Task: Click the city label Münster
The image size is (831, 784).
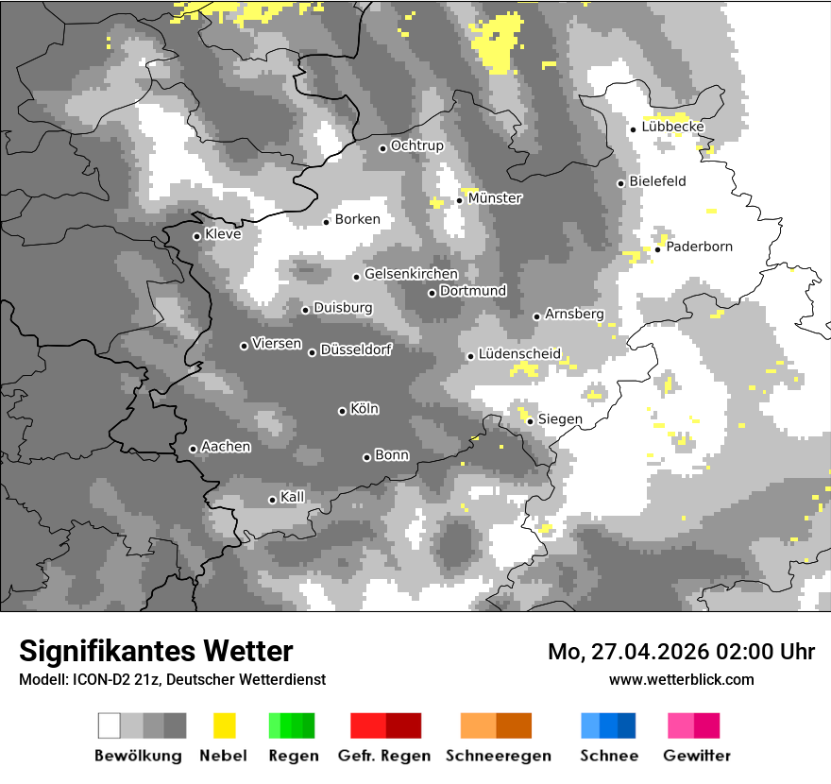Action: click(495, 198)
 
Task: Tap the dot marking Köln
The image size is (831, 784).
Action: click(342, 411)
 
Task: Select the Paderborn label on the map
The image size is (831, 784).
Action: click(699, 247)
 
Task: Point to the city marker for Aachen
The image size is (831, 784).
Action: click(193, 449)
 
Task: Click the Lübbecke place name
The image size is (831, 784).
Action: click(672, 127)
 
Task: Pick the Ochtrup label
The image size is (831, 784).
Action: click(416, 145)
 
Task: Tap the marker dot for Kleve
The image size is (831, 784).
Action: click(196, 236)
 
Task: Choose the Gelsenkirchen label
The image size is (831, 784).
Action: click(411, 274)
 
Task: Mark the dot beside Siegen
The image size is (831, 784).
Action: click(530, 421)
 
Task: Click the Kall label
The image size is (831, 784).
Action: click(293, 497)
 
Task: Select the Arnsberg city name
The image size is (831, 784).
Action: click(574, 314)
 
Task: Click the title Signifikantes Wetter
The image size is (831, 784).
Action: click(156, 652)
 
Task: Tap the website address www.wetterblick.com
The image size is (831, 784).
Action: click(682, 679)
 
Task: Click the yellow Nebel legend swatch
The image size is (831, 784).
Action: click(224, 725)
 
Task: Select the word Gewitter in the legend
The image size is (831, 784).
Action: click(697, 756)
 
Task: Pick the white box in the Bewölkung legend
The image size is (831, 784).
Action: click(110, 725)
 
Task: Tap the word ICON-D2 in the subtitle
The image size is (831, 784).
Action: click(98, 679)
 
